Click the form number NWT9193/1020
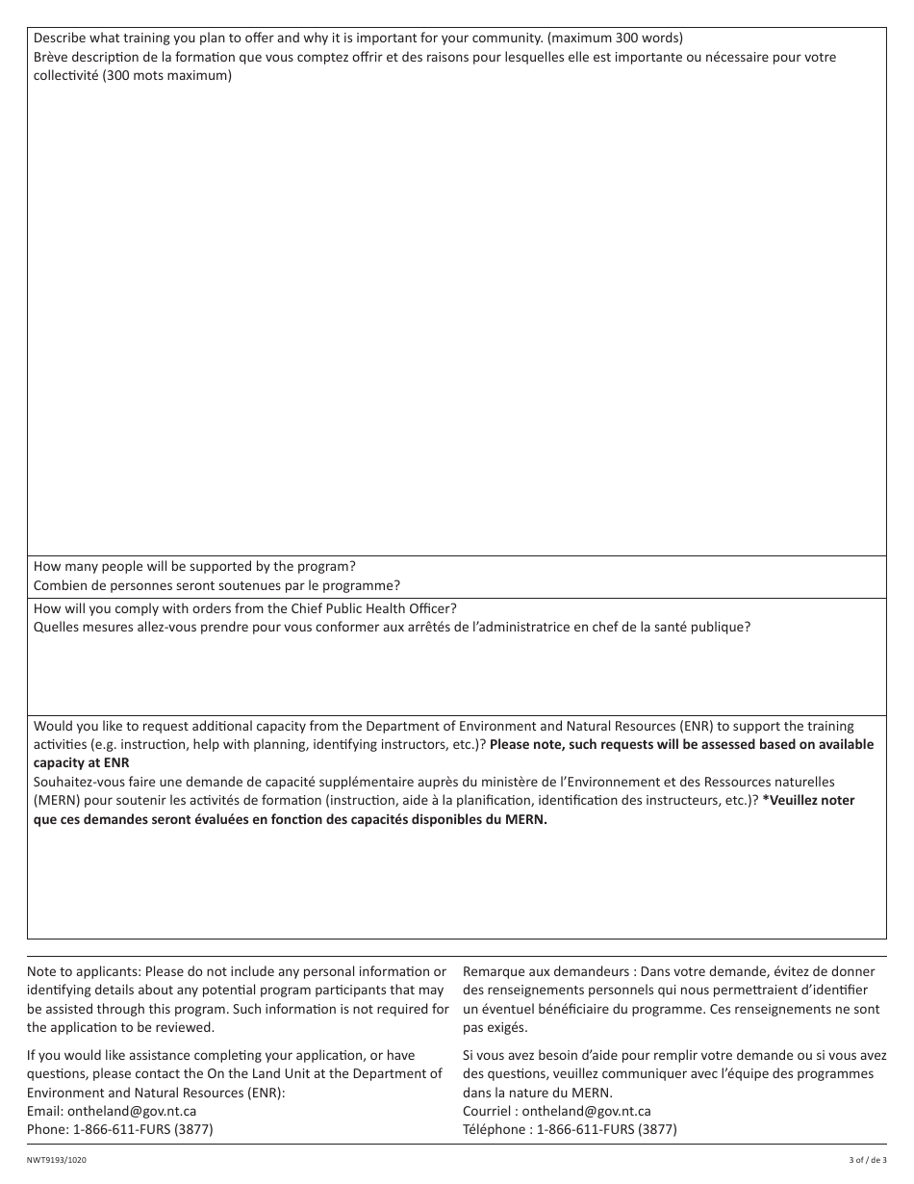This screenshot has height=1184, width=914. pos(61,1161)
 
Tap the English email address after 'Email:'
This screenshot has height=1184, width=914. pos(132,1111)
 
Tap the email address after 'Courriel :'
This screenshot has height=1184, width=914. pos(586,1111)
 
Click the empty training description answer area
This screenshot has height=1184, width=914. pos(456,318)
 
